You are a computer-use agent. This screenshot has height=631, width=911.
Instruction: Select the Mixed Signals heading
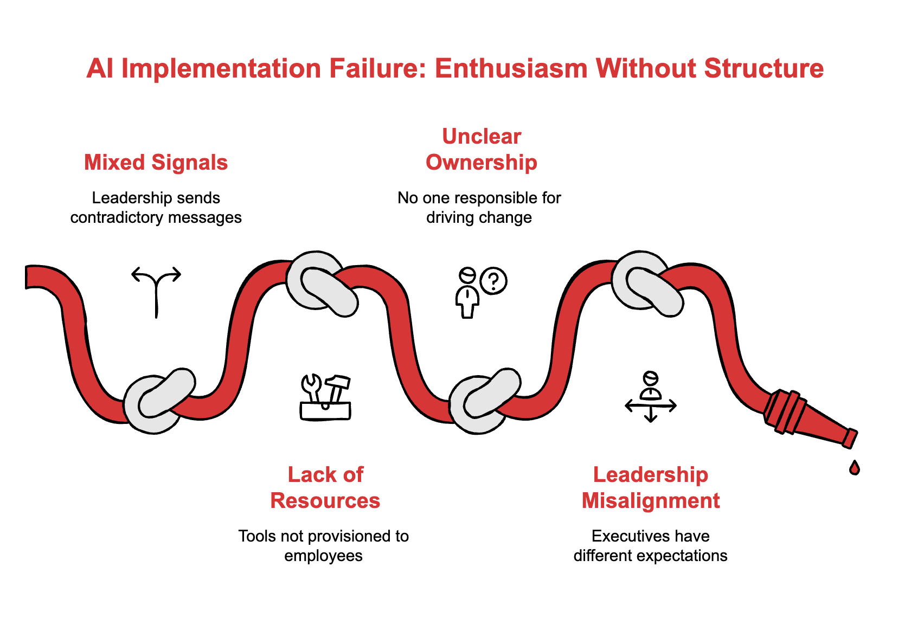(156, 163)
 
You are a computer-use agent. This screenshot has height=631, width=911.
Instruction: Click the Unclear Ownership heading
(481, 150)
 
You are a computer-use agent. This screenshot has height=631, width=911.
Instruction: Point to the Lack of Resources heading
(325, 487)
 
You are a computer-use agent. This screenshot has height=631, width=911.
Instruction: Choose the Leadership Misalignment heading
(651, 487)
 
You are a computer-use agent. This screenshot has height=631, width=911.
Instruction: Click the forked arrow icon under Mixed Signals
(156, 290)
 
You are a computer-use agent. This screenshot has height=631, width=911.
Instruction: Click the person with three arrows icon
(651, 396)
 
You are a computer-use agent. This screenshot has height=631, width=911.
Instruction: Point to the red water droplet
(855, 467)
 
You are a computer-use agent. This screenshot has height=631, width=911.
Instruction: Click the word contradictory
(122, 217)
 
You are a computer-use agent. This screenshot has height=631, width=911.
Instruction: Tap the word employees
(323, 556)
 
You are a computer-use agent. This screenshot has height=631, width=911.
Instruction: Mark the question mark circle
(493, 281)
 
